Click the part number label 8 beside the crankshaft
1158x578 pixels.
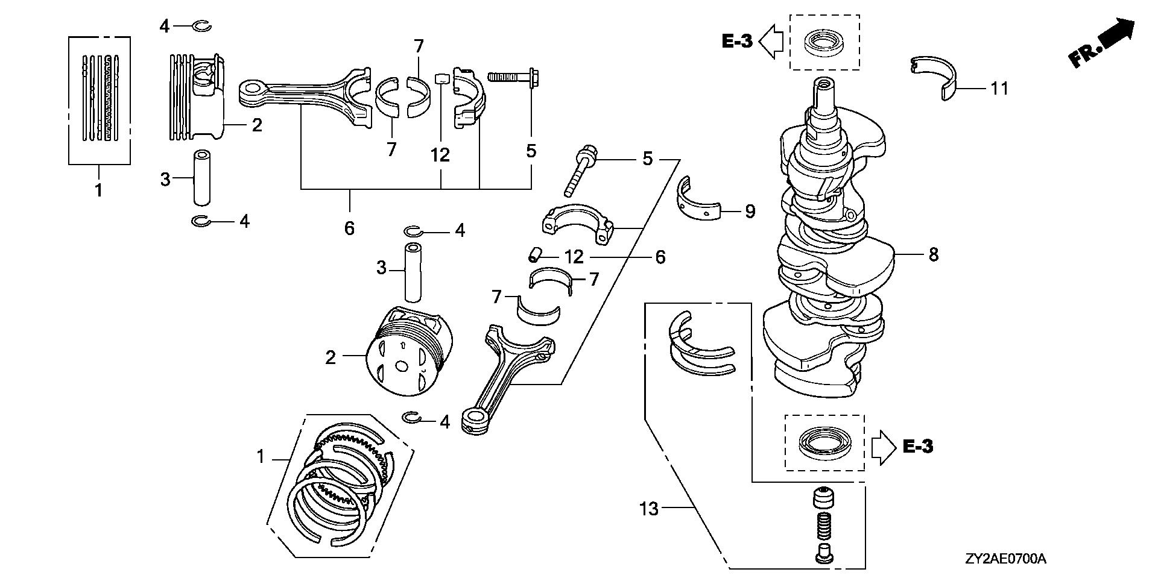tap(933, 255)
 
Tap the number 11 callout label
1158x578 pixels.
tap(999, 89)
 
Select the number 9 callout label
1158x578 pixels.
tap(749, 212)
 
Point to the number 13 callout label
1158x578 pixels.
tap(649, 509)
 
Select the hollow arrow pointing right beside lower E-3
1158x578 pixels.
tap(884, 447)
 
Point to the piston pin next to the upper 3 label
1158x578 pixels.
tap(201, 178)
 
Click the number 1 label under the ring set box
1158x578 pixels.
tap(98, 190)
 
